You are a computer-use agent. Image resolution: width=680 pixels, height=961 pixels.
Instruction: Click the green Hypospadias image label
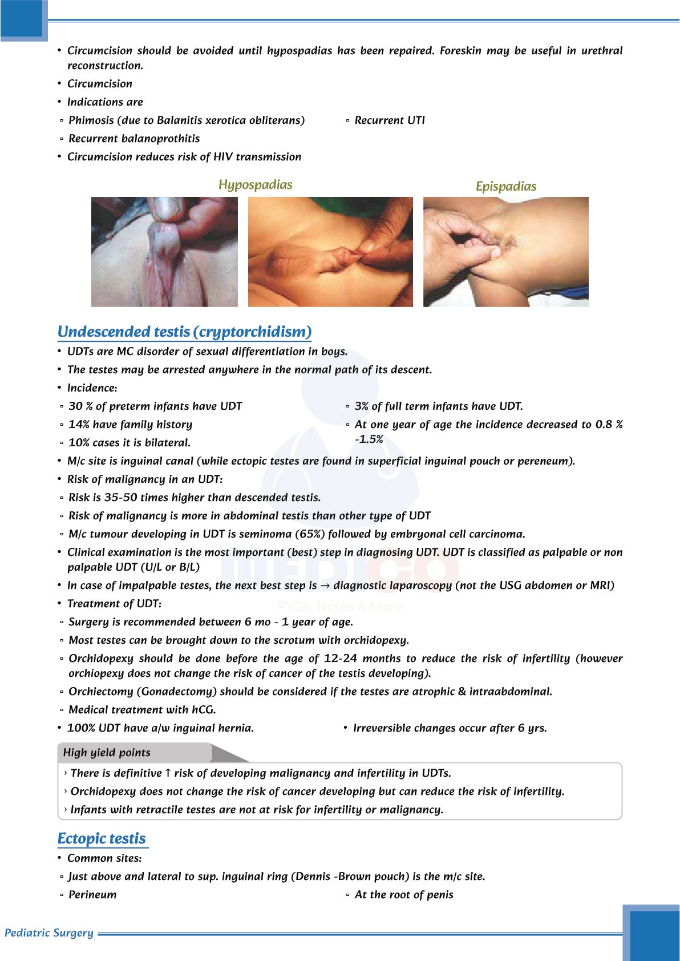(255, 185)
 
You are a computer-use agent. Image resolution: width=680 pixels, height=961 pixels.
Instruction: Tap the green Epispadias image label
(506, 187)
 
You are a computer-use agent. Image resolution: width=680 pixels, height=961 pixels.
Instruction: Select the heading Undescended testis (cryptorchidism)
(184, 332)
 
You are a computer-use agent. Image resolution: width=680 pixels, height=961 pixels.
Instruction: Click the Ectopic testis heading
(102, 838)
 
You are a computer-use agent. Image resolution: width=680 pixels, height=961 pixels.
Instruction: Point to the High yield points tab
(107, 753)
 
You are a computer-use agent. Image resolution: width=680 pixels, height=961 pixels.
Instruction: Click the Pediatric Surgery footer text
(49, 933)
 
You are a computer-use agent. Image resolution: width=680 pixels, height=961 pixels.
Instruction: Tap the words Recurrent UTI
(390, 120)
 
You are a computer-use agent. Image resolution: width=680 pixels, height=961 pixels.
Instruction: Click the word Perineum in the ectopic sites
(92, 895)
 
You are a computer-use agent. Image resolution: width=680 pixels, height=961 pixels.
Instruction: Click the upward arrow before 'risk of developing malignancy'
(168, 773)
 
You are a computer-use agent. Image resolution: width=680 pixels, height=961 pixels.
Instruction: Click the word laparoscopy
(423, 586)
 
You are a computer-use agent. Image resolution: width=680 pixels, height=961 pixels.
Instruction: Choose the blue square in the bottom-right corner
(653, 933)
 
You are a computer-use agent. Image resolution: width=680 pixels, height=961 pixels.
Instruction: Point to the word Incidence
(91, 388)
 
